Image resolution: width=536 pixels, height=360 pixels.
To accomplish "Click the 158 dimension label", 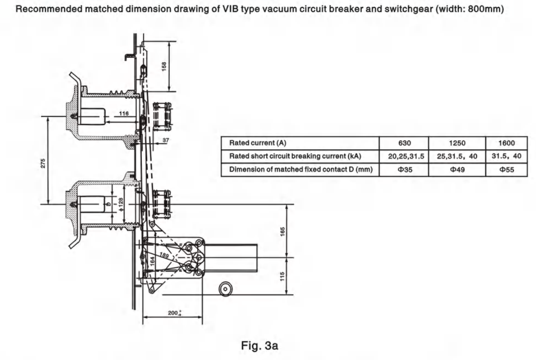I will point(164,66).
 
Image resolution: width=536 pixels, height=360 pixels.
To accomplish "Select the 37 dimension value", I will point(165,140).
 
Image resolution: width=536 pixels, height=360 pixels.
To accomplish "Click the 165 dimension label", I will point(282,230).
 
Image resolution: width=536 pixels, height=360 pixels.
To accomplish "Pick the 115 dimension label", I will point(282,276).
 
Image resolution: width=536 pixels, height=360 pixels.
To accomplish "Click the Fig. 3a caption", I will point(260,346).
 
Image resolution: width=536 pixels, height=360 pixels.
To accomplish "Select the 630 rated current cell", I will point(404,143).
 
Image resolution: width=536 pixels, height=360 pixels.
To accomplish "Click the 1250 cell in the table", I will point(456,143).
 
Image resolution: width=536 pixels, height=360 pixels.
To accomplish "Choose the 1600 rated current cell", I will point(506,143).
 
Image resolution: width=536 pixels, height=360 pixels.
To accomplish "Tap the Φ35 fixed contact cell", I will point(404,170).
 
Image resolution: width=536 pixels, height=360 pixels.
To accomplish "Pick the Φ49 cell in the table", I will point(456,170).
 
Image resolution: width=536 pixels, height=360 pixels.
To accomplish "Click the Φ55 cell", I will point(506,170).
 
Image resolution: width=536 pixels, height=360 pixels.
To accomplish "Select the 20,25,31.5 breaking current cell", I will point(404,156).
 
